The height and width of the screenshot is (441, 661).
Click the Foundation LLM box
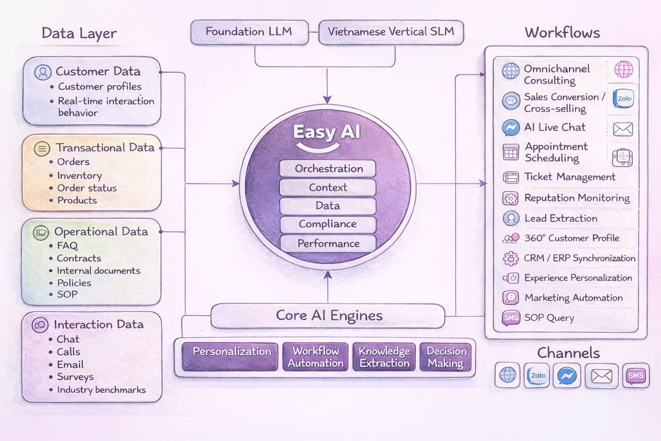pyautogui.click(x=249, y=32)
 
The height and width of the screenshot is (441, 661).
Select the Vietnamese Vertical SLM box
pyautogui.click(x=391, y=32)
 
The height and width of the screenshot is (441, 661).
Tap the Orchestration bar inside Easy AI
pyautogui.click(x=328, y=168)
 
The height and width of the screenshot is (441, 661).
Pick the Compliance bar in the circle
pyautogui.click(x=328, y=224)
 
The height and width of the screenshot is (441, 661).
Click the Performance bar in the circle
pyautogui.click(x=328, y=243)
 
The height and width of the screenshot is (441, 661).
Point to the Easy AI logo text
pyautogui.click(x=327, y=132)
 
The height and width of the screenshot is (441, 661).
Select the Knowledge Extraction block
pyautogui.click(x=384, y=357)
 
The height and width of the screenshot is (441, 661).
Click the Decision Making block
pyautogui.click(x=446, y=357)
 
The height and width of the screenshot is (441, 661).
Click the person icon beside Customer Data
pyautogui.click(x=43, y=72)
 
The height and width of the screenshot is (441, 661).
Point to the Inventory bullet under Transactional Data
pyautogui.click(x=79, y=176)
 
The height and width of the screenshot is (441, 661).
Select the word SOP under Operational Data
pyautogui.click(x=68, y=295)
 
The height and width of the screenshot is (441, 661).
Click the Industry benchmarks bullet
pyautogui.click(x=101, y=390)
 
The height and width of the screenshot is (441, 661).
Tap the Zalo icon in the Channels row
pyautogui.click(x=537, y=376)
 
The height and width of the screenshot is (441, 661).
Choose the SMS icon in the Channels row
pyautogui.click(x=636, y=376)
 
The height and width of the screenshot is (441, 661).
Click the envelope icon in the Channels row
pyautogui.click(x=602, y=376)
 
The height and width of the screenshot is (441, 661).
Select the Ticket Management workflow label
pyautogui.click(x=569, y=177)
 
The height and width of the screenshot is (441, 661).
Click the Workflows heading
pyautogui.click(x=562, y=33)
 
